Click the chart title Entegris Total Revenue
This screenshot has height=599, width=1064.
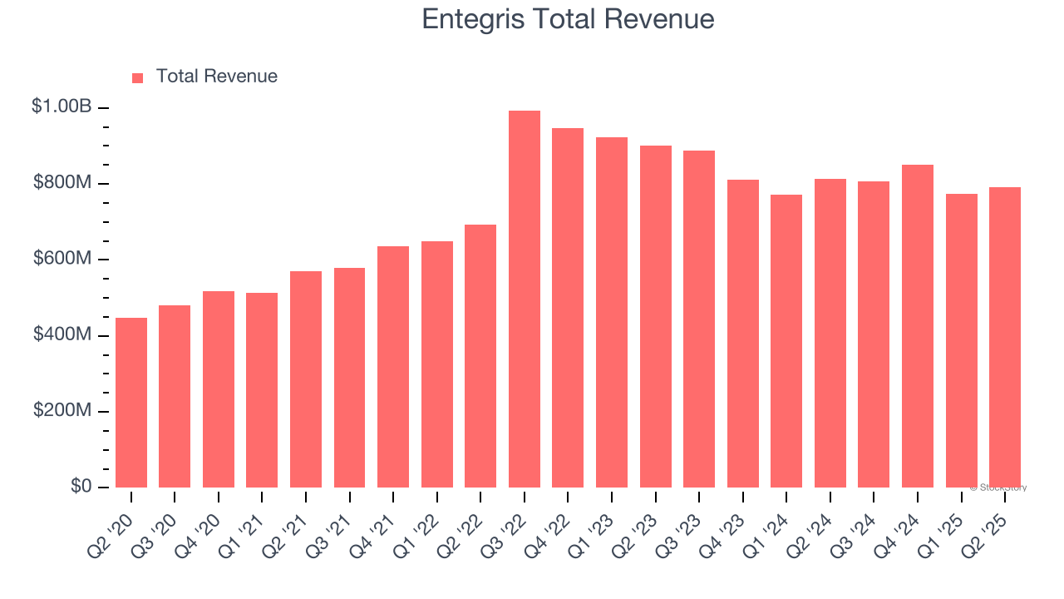568,19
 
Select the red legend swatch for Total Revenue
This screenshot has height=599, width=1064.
138,77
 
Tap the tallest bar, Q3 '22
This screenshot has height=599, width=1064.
524,299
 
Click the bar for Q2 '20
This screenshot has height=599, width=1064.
131,403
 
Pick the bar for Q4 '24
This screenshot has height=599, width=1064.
917,326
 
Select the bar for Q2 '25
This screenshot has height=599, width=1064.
1004,337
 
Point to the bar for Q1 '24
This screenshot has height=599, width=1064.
786,341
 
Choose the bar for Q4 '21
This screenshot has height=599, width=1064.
393,367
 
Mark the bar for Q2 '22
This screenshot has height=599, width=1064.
480,356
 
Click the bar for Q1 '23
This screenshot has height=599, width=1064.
612,312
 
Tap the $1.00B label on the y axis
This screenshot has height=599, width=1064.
62,106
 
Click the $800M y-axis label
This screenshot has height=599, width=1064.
62,183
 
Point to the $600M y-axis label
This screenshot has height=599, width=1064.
62,259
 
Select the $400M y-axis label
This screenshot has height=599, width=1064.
62,334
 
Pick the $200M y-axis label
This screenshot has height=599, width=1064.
62,411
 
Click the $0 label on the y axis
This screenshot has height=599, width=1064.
81,486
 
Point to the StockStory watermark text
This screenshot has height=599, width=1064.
997,488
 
